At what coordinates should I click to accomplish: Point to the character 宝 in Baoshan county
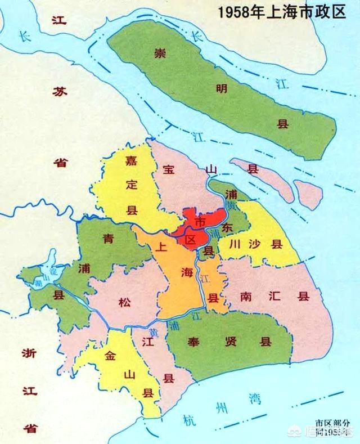(x=168, y=168)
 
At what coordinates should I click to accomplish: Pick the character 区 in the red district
(x=190, y=239)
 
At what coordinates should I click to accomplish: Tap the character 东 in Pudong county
(x=227, y=228)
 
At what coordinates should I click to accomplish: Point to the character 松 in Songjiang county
(x=124, y=303)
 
